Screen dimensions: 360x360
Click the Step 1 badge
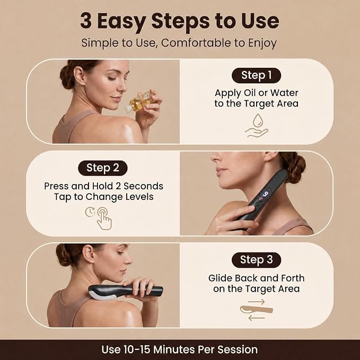click(256, 75)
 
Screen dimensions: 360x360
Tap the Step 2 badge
click(103, 168)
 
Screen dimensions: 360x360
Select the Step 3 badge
click(256, 260)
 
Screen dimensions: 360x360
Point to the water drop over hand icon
click(257, 126)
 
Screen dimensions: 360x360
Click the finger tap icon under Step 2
click(104, 218)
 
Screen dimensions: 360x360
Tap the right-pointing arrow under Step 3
click(257, 302)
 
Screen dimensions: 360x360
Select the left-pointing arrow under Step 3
click(257, 318)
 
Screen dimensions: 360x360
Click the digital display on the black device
click(265, 194)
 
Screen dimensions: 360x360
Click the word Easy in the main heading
click(122, 21)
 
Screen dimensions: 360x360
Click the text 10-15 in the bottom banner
click(137, 349)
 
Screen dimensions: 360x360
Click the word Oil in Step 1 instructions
click(250, 93)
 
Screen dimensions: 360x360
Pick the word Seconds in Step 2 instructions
click(143, 186)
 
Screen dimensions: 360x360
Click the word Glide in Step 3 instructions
click(220, 278)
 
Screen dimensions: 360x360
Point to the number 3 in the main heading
click(86, 21)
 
